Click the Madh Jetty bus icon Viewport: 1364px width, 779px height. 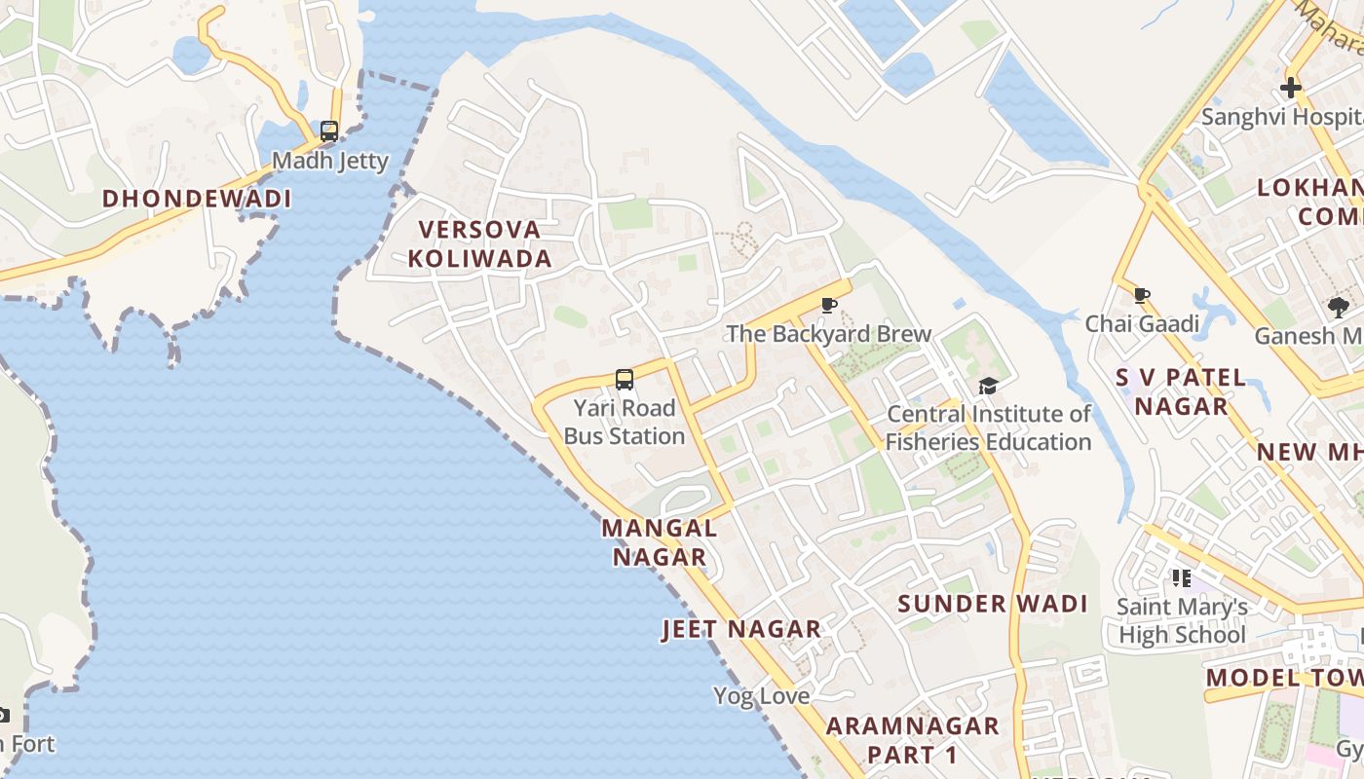point(329,130)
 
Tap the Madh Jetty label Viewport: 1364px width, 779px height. point(330,161)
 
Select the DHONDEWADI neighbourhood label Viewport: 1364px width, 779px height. point(197,199)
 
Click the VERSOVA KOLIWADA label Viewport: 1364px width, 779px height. point(479,243)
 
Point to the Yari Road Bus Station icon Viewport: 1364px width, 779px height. point(625,380)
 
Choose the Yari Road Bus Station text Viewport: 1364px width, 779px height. point(625,422)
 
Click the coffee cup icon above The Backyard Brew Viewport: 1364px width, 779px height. point(829,306)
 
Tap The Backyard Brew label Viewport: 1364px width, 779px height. point(829,334)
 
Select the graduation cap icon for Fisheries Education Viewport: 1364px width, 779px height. point(988,387)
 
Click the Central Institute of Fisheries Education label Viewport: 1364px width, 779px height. point(988,427)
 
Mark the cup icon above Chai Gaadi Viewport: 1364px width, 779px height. point(1142,295)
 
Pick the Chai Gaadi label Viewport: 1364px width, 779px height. point(1141,323)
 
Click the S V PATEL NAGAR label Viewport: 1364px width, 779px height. point(1181,391)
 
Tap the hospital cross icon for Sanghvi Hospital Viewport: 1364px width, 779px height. point(1291,89)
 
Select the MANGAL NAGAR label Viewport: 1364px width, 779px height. point(660,542)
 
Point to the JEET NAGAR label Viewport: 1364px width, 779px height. point(742,629)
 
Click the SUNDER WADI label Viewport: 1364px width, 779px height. point(993,604)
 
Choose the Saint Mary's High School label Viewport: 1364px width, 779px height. point(1182,621)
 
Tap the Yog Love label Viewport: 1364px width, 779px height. point(762,696)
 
